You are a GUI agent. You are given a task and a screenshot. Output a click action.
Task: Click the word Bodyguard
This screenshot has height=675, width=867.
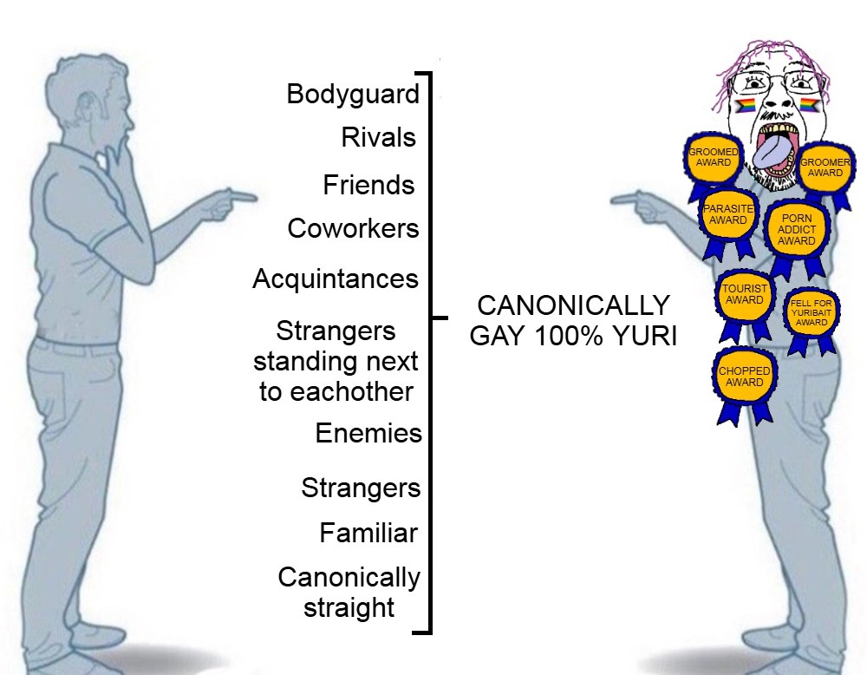coord(353,94)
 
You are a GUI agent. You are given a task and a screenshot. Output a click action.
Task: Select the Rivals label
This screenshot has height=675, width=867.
coord(378,137)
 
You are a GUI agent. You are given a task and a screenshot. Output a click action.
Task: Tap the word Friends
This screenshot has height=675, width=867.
coord(368,185)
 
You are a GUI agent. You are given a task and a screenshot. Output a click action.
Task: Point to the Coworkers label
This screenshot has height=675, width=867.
coord(353,229)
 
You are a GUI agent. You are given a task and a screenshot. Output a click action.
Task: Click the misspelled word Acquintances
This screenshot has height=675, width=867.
coord(336,279)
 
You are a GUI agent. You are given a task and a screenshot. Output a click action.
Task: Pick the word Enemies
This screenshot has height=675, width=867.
coord(368,433)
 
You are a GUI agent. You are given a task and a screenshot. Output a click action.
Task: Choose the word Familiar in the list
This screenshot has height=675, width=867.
coord(368,533)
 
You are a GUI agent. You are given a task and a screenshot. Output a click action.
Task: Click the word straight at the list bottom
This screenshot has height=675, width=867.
coord(349,607)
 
